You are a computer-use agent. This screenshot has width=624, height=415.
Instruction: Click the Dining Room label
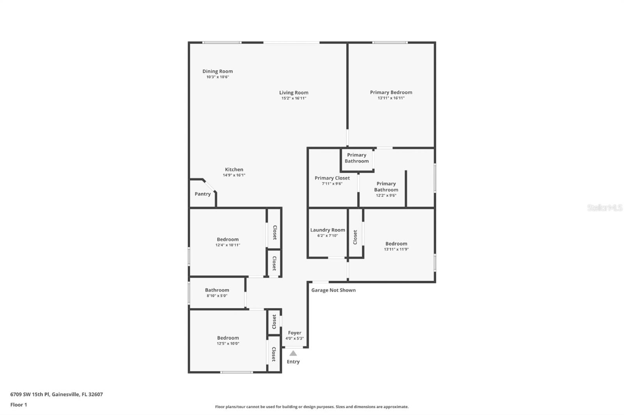[x=217, y=71]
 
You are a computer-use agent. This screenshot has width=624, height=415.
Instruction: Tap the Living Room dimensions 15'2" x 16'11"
[x=294, y=98]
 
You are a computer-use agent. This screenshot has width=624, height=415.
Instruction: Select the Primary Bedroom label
[x=391, y=92]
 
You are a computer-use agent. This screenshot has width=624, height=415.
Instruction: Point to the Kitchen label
[x=234, y=169]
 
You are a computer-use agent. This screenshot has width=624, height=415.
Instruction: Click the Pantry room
[x=202, y=194]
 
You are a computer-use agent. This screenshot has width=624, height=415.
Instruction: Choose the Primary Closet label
[x=332, y=178]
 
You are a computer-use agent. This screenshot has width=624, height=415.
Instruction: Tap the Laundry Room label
[x=327, y=230]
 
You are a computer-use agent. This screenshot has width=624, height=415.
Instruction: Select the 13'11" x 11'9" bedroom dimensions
[x=396, y=250]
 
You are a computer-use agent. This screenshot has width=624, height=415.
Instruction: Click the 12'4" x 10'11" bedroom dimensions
[x=228, y=245]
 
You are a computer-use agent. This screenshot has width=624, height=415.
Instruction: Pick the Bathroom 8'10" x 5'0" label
[x=217, y=290]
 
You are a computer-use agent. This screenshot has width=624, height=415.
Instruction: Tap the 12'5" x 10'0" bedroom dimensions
[x=228, y=344]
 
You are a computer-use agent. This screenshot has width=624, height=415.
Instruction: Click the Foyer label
[x=294, y=333]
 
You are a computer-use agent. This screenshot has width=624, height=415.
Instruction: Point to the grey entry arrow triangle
[x=293, y=353]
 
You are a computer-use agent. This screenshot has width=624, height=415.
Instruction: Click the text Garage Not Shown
[x=333, y=290]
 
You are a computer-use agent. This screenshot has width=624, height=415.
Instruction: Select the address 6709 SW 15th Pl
[x=57, y=394]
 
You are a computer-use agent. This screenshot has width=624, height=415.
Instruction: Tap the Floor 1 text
[x=19, y=405]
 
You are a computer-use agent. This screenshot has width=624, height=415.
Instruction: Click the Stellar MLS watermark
[x=604, y=208]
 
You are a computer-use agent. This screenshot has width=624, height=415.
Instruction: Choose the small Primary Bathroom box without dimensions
[x=356, y=158]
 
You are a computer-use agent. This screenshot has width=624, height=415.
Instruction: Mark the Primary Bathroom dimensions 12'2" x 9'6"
[x=386, y=195]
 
